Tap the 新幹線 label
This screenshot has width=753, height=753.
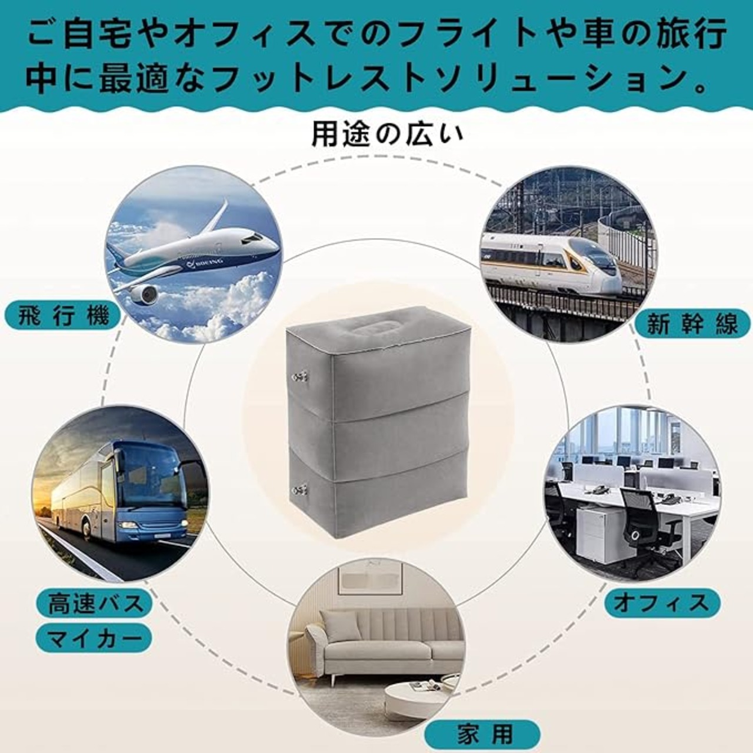pyautogui.click(x=692, y=324)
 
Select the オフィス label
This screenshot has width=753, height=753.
pyautogui.click(x=662, y=603)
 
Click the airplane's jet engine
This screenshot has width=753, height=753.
pyautogui.click(x=144, y=294)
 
